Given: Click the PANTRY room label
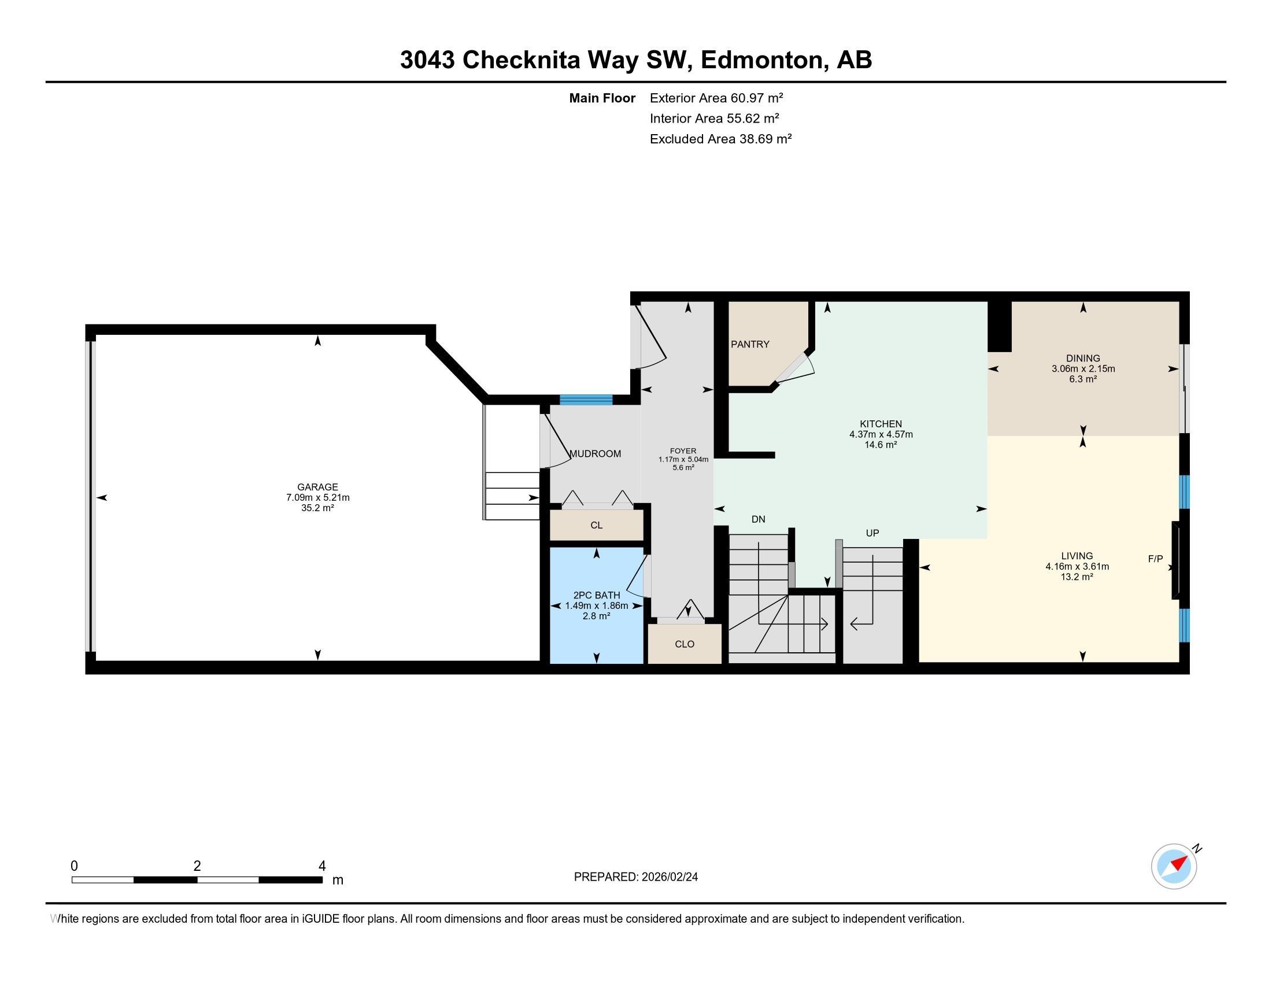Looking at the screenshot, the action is pos(750,344).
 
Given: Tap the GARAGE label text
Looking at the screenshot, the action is pos(317,487).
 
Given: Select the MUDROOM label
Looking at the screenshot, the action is pos(595,454).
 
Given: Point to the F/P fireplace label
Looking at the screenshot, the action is pos(1156,559).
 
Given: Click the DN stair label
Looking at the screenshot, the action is pos(759,519).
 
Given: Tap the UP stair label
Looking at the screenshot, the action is pos(872,533).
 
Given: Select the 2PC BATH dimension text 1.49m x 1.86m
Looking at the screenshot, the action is pos(597,605).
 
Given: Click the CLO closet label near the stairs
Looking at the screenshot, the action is pos(685,644).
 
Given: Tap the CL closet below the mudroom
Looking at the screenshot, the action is pos(597,525).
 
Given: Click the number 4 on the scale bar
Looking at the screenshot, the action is pos(322,866).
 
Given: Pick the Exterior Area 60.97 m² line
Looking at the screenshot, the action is pos(716,98).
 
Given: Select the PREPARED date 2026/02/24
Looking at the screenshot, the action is pos(668,877).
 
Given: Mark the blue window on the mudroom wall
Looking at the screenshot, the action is pos(586,400).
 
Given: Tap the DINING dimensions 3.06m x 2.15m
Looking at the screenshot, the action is pos(1084,369).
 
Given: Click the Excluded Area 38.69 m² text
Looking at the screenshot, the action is pos(721,139).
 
